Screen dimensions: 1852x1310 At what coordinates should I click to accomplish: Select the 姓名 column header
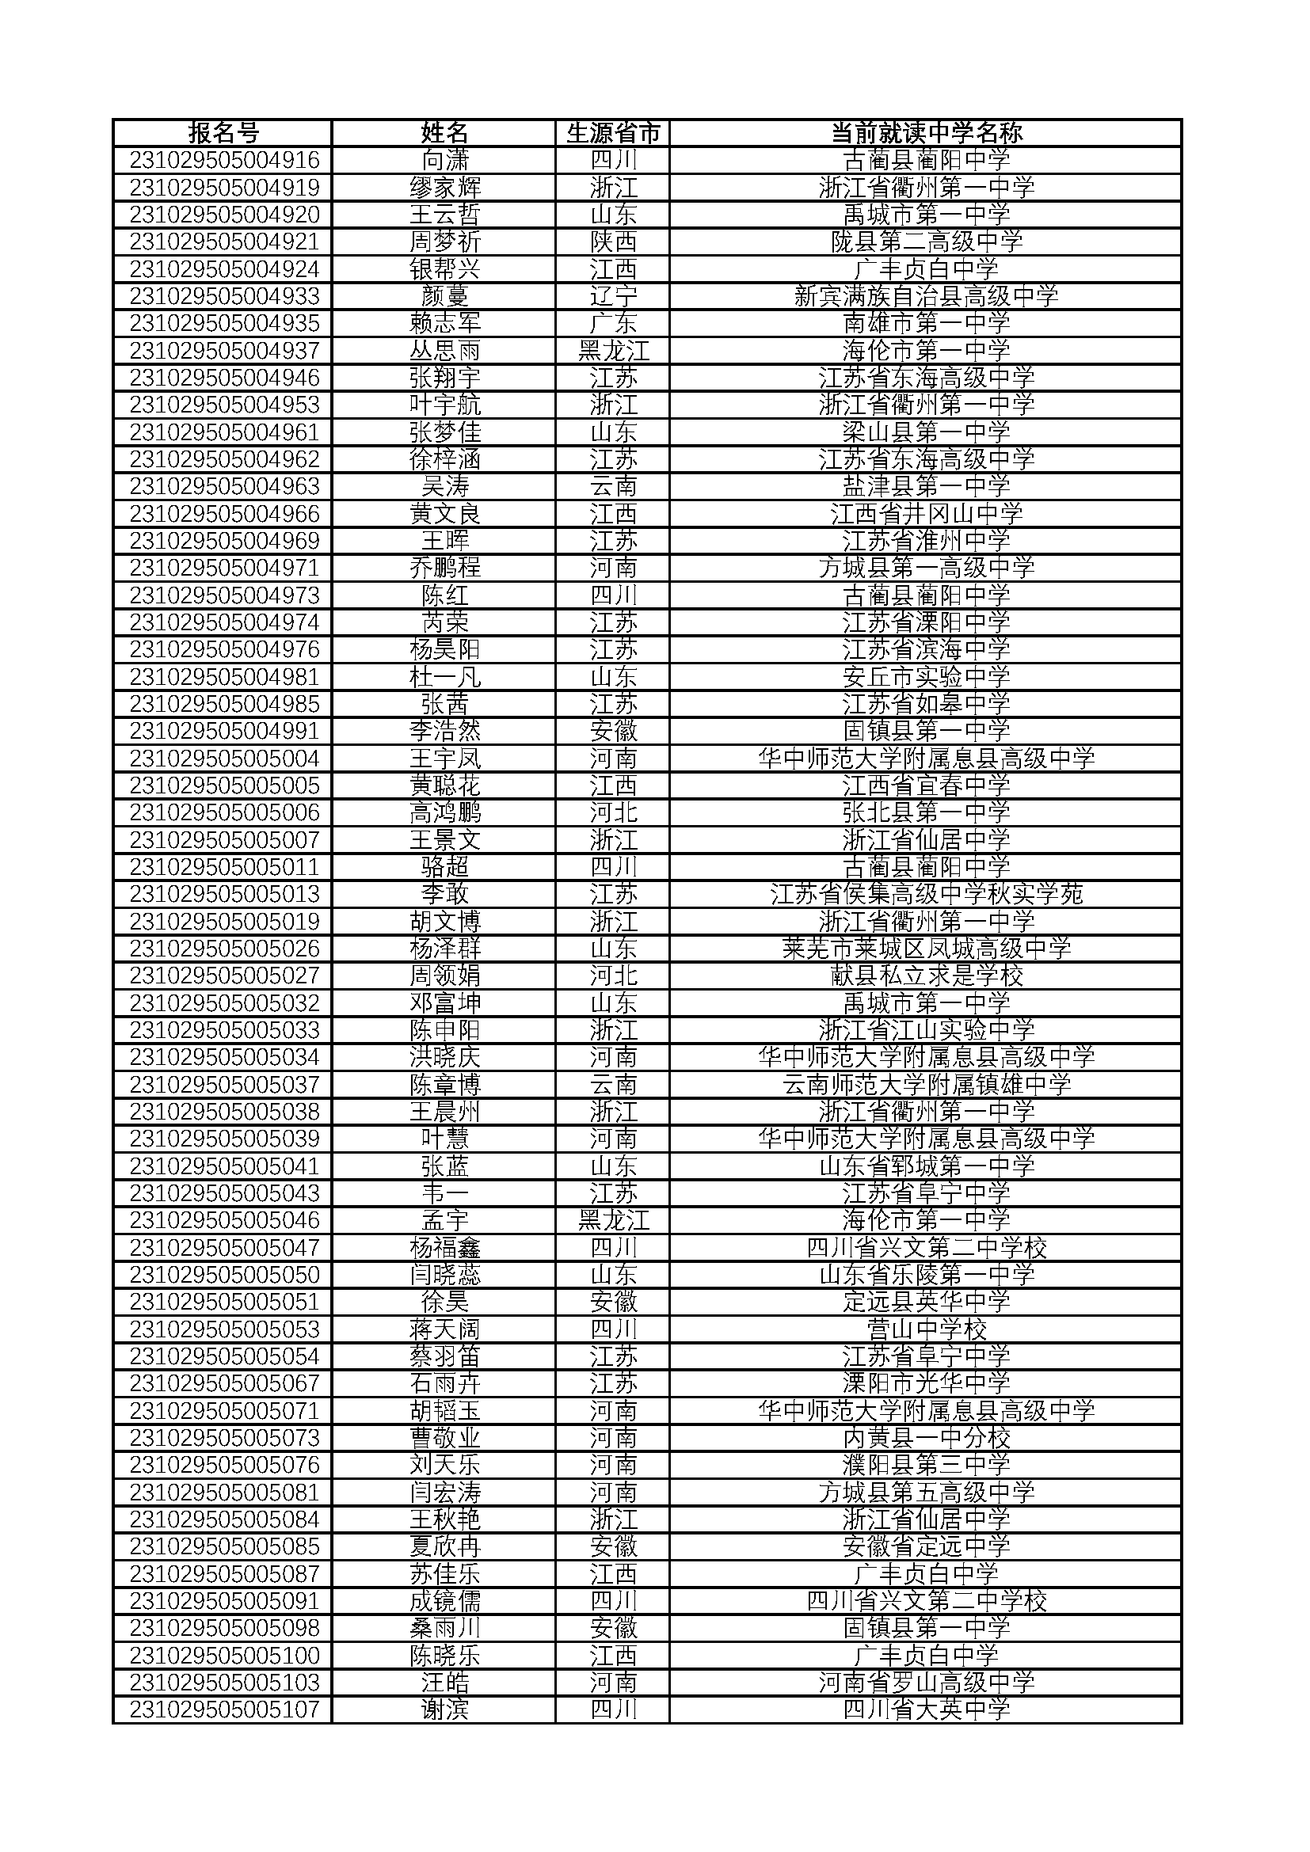444,133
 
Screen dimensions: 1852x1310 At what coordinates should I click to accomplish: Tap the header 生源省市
613,133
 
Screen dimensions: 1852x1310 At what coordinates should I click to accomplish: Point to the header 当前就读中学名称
926,133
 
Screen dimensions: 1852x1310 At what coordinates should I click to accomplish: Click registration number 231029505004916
224,161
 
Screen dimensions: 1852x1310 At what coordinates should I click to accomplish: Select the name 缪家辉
444,188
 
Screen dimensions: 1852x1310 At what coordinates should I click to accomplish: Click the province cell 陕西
613,242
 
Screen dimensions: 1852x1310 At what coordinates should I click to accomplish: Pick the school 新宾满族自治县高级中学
926,297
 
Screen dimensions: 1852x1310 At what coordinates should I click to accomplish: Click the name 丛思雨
444,351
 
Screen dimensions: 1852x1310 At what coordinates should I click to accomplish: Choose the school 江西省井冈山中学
926,514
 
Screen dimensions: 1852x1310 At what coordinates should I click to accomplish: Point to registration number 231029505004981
224,677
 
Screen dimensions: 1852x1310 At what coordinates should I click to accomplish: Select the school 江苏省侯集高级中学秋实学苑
926,895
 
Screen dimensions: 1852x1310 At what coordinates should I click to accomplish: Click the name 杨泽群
444,949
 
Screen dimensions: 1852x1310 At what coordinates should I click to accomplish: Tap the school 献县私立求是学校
926,976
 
